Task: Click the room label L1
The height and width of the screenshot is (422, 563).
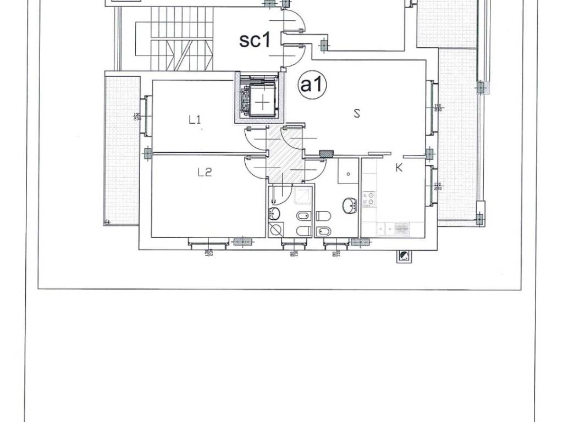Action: coord(195,120)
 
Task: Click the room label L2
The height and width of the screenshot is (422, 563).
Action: coord(205,173)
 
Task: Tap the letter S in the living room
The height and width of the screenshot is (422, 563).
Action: coord(357,114)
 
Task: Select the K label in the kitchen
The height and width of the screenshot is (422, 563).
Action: coord(399,168)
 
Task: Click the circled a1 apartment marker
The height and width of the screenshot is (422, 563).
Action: coord(312,85)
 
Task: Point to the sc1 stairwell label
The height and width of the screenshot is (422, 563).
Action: coord(255,41)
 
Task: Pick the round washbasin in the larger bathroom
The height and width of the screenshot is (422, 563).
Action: coord(350,206)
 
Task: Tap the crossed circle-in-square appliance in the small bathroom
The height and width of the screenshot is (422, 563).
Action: coord(275,229)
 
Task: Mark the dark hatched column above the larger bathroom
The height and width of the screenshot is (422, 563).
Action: coord(327,154)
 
